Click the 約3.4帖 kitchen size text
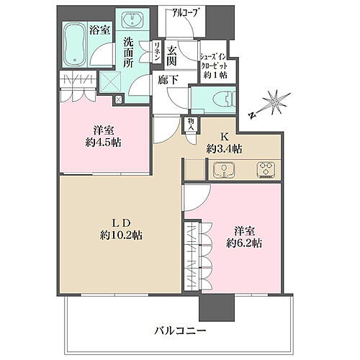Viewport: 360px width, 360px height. click(x=224, y=149)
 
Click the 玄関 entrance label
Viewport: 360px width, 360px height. click(x=172, y=55)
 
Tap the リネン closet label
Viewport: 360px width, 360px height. click(x=156, y=55)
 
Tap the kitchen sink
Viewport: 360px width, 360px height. click(x=224, y=171)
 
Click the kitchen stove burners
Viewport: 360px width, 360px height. click(x=265, y=171)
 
